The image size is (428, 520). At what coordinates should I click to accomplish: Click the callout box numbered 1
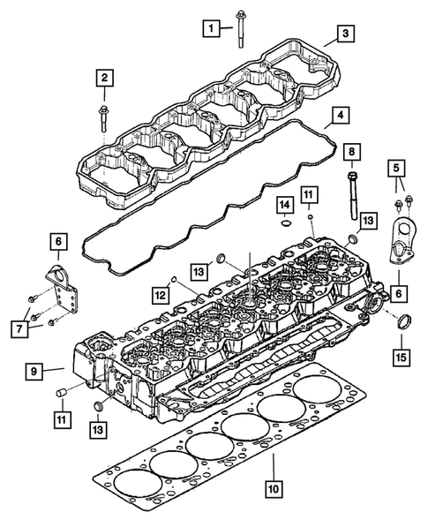click(x=210, y=29)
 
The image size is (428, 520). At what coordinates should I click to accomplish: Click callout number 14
click(x=284, y=206)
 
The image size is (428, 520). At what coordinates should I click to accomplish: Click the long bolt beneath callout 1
click(x=240, y=31)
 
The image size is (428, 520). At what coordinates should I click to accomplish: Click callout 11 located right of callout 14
click(x=308, y=192)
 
